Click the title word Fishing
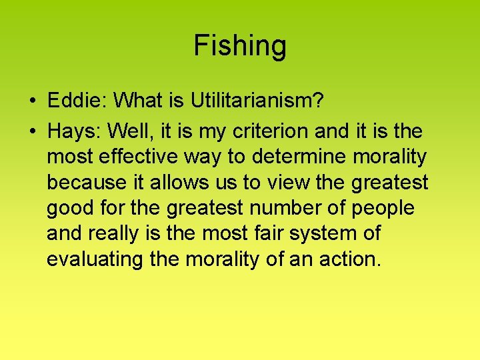240,46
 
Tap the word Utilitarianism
257,101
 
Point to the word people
383,209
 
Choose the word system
331,234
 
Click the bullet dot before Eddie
32,101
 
